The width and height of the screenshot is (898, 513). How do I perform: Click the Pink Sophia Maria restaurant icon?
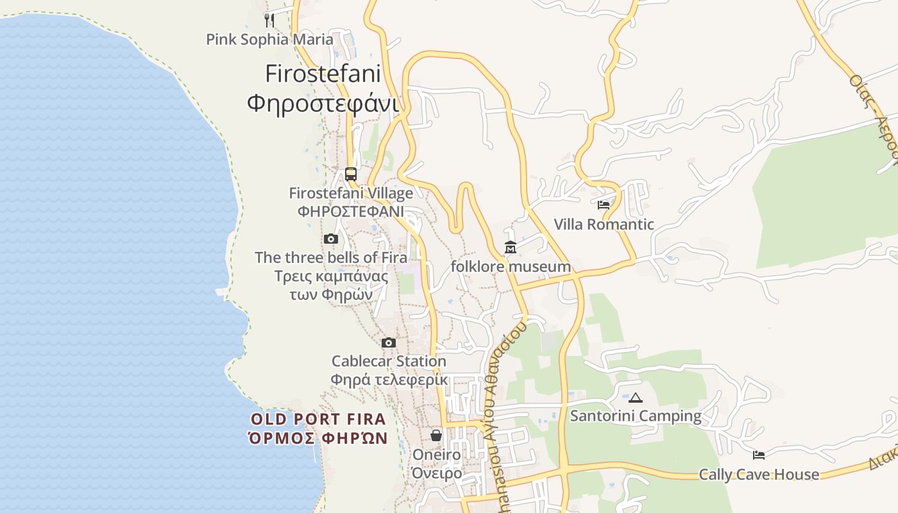tap(269, 20)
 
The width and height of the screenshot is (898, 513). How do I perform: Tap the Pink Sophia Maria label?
tap(269, 40)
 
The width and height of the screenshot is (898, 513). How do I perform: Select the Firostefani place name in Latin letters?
tap(323, 74)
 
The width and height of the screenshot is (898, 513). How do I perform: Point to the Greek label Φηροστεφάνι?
tap(323, 103)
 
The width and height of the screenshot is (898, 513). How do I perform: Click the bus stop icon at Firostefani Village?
tap(350, 174)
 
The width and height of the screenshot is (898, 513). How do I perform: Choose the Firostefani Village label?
tap(351, 193)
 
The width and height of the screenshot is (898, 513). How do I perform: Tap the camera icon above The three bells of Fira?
tap(331, 239)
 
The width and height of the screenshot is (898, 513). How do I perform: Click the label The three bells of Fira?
tap(331, 258)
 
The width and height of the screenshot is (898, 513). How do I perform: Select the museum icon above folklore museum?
tap(511, 248)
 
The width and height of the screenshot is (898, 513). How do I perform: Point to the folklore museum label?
tap(511, 267)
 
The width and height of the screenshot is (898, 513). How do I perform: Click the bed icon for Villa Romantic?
tap(604, 205)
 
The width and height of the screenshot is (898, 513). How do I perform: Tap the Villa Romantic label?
tap(604, 224)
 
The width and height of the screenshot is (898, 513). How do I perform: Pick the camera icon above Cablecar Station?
tap(389, 343)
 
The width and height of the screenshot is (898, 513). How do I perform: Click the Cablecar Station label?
tap(389, 362)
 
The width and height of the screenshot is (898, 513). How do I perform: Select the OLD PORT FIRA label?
tap(319, 419)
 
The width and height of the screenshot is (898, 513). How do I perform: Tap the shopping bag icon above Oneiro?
tap(436, 436)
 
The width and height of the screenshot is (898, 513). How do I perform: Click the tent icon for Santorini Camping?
tap(636, 398)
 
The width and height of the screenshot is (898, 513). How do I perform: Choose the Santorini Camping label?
tap(636, 416)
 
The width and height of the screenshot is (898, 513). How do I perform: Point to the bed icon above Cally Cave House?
tap(759, 455)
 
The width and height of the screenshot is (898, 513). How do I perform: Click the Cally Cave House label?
tap(759, 475)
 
